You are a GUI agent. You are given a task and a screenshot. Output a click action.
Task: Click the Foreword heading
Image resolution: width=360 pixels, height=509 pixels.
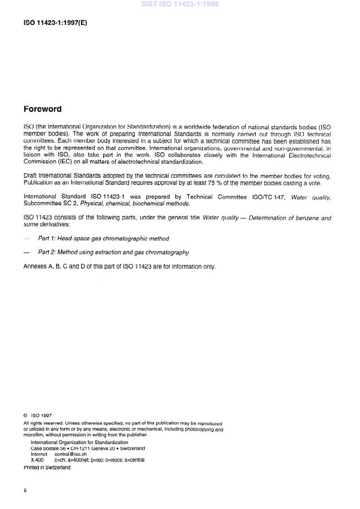pyautogui.click(x=42, y=109)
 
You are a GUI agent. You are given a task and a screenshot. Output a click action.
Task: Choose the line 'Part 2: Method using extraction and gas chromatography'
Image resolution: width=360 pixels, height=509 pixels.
pyautogui.click(x=113, y=252)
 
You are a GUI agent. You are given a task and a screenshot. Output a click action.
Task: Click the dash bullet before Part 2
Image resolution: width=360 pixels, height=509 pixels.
pyautogui.click(x=26, y=252)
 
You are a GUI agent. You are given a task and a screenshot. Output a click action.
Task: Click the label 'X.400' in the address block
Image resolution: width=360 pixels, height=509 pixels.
pyautogui.click(x=37, y=460)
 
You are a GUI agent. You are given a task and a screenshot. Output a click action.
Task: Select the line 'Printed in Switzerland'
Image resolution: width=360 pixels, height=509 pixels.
pyautogui.click(x=47, y=468)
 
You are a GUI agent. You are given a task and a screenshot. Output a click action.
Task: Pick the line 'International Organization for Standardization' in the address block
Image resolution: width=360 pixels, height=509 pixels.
pyautogui.click(x=79, y=442)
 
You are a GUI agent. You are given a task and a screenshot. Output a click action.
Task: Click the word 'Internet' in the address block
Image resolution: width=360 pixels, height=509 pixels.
pyautogui.click(x=39, y=455)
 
